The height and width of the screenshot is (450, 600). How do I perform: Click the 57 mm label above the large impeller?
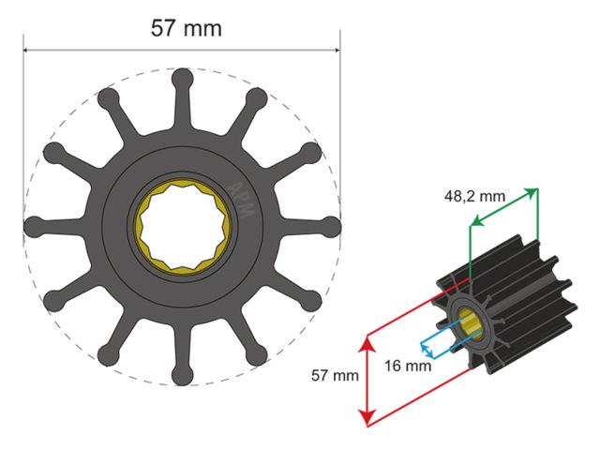[187, 28]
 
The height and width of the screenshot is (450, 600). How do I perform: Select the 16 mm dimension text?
[408, 366]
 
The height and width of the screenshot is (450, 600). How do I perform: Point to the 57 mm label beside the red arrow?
[335, 376]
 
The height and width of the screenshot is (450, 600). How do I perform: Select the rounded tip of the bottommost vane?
[183, 375]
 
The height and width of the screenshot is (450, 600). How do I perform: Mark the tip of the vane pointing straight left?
[33, 226]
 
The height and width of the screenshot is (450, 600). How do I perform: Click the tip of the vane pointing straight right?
[331, 226]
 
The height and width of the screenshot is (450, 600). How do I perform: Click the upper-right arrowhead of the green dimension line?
[534, 191]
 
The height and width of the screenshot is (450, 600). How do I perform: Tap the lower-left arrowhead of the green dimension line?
[472, 224]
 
